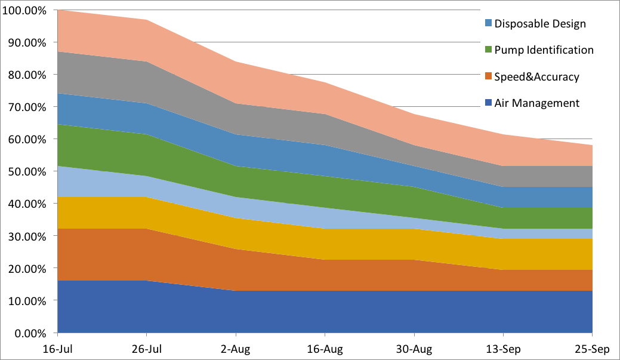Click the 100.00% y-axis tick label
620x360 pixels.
click(x=24, y=10)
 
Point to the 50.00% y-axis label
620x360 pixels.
click(x=27, y=172)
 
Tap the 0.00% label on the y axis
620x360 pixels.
click(x=30, y=334)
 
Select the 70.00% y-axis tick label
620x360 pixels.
click(x=27, y=107)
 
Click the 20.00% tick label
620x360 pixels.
click(x=27, y=269)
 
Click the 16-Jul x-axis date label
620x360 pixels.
click(x=58, y=349)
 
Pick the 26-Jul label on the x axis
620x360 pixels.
click(x=147, y=349)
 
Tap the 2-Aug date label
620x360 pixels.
click(x=236, y=350)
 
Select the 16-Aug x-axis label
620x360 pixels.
click(x=325, y=350)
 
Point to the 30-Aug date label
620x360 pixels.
click(x=414, y=350)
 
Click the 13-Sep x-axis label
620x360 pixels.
click(x=504, y=350)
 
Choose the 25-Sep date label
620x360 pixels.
click(x=593, y=350)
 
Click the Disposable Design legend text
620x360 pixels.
click(x=540, y=24)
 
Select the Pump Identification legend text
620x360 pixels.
click(x=544, y=50)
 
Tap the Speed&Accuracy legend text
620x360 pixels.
click(x=536, y=77)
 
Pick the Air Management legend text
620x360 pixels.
click(x=536, y=103)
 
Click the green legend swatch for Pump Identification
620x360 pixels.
click(x=488, y=50)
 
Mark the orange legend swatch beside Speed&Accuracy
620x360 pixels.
click(x=488, y=76)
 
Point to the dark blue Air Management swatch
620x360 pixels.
click(x=488, y=103)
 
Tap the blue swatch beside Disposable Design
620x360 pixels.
click(x=488, y=23)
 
